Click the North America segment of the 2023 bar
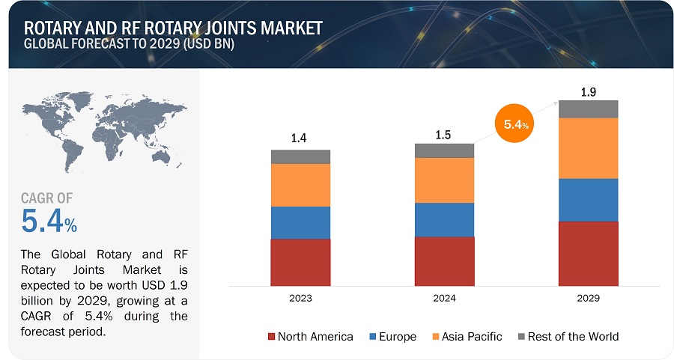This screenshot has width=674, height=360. tap(300, 263)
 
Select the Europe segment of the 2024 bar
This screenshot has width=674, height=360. tap(444, 219)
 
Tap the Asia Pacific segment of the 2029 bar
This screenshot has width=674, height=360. tap(588, 148)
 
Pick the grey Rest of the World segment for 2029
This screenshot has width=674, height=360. tap(588, 109)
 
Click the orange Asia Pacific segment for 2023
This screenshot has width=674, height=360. tap(300, 185)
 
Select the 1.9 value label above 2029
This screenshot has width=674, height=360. tap(588, 93)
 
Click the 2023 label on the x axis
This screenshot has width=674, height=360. tap(300, 297)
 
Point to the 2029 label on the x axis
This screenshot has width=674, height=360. tap(588, 297)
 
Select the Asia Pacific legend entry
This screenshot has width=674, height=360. tap(467, 336)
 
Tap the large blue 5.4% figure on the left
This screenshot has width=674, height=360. tap(49, 221)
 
